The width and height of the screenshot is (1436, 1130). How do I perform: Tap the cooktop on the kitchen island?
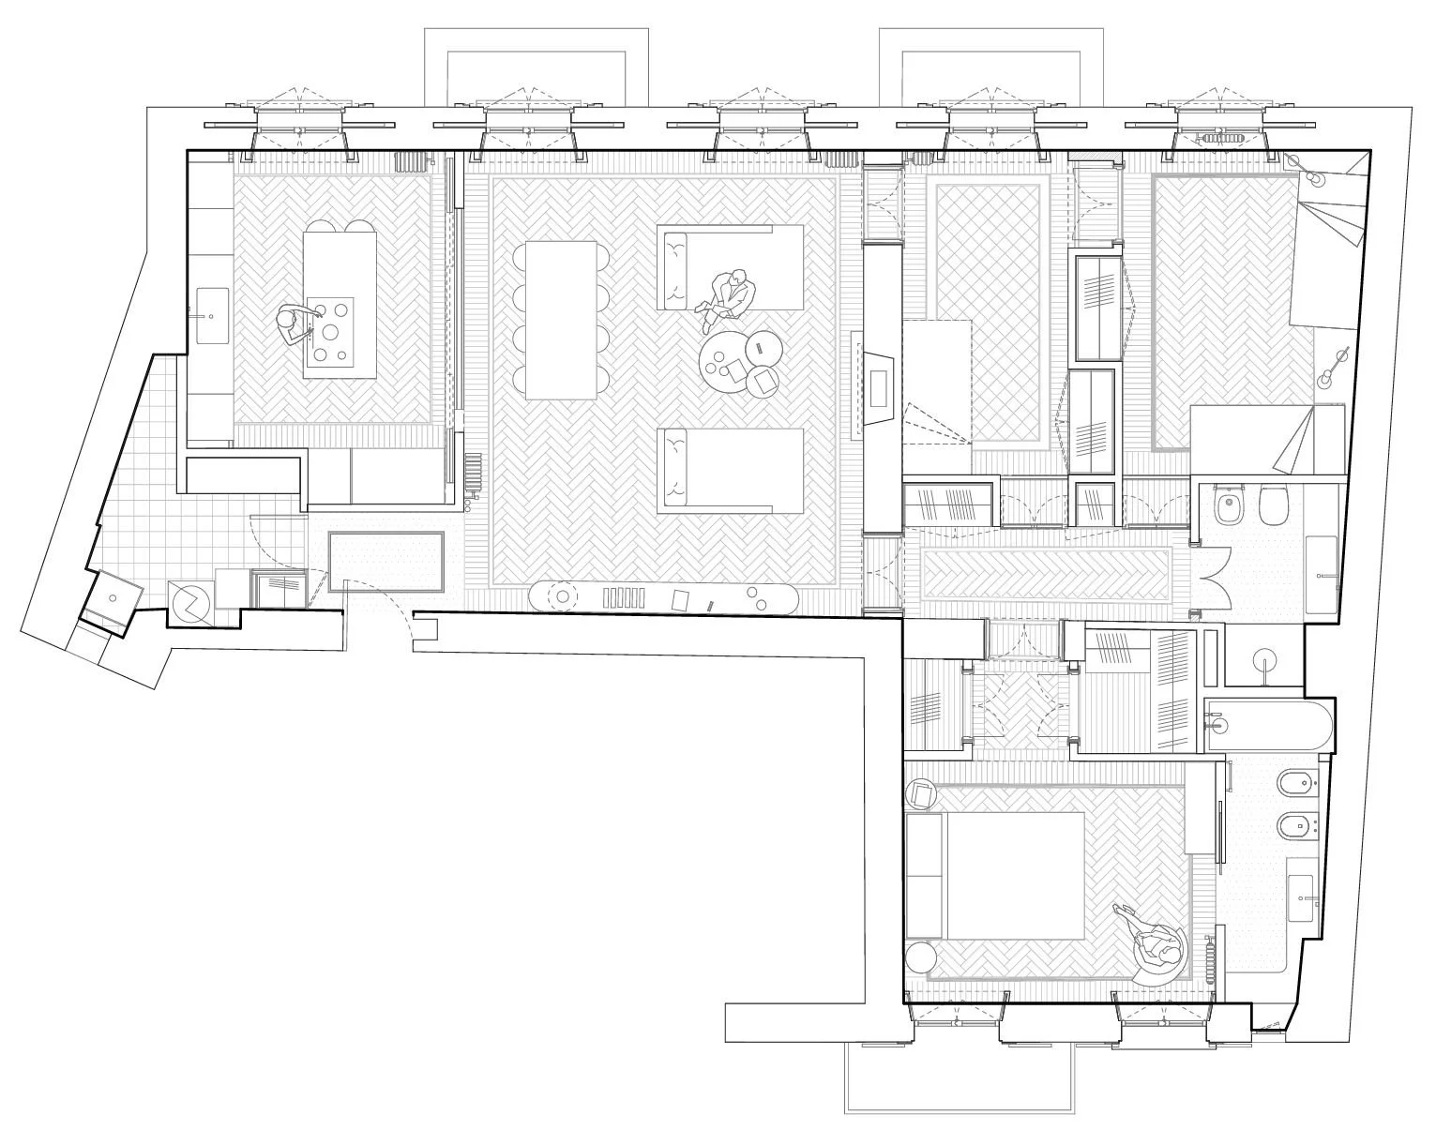coord(330,331)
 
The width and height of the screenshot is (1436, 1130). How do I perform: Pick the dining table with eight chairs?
coord(561,320)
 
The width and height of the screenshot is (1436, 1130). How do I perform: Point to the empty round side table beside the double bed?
coord(921,957)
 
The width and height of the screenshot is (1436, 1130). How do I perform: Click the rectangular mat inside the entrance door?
coord(386,561)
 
